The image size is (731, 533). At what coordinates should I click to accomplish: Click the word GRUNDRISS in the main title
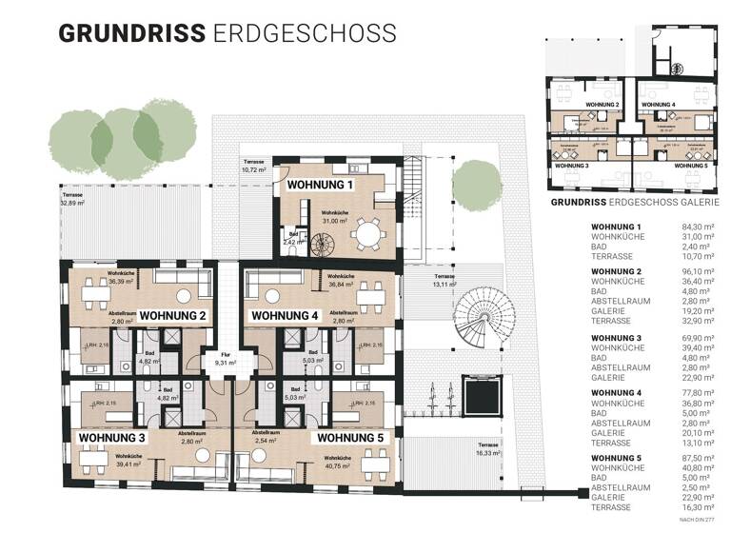click(131, 31)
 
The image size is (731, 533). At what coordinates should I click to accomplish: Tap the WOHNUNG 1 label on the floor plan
click(321, 185)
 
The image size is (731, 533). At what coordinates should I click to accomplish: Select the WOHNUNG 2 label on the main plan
click(172, 314)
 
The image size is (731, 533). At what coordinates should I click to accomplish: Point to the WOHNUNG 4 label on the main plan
click(284, 314)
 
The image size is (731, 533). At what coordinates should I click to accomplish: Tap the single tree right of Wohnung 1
click(473, 182)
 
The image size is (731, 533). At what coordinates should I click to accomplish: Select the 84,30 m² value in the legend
click(700, 227)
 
